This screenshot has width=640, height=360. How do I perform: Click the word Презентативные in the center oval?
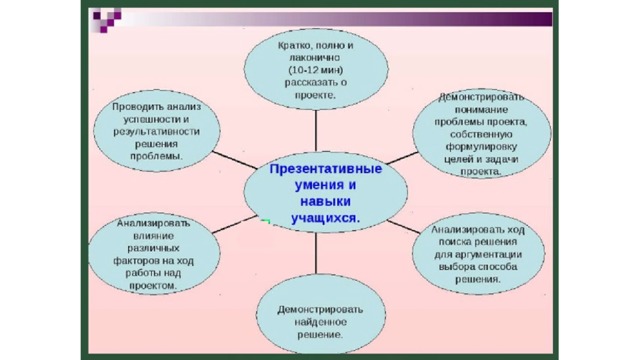click(326, 169)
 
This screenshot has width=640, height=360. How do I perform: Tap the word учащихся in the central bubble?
click(324, 218)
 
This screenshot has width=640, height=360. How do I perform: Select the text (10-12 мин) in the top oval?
click(316, 70)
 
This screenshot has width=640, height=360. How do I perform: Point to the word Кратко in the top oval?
click(292, 45)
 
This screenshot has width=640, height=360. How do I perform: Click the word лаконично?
click(315, 58)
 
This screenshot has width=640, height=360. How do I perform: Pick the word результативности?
click(157, 132)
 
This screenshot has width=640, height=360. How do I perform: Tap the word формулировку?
click(481, 147)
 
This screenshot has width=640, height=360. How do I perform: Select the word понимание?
click(481, 110)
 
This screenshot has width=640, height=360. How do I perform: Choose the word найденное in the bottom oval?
click(320, 322)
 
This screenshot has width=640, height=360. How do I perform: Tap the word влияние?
click(153, 236)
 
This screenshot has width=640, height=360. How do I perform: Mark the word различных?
click(153, 248)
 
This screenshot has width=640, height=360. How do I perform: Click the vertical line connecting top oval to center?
click(316, 131)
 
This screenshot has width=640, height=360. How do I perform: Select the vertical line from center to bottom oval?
click(316, 253)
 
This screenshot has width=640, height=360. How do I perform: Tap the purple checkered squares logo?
click(107, 20)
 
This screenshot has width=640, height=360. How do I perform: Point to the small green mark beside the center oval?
click(266, 222)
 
